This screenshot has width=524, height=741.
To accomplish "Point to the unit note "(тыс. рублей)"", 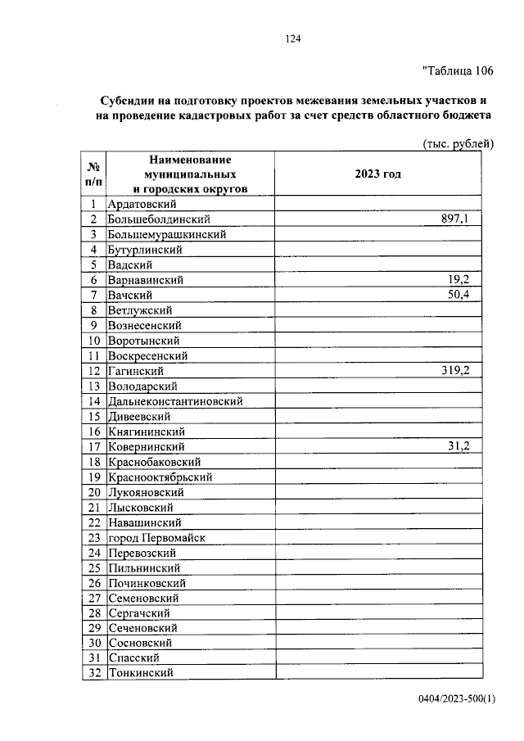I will (x=457, y=144).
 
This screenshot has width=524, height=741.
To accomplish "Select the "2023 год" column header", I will (x=377, y=174).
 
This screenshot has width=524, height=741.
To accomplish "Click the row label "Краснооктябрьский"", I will (x=160, y=477).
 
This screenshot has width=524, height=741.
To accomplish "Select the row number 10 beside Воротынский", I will (x=94, y=341).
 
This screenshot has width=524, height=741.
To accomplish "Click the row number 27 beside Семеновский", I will (x=94, y=598).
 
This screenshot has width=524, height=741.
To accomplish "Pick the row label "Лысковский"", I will (x=140, y=508).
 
